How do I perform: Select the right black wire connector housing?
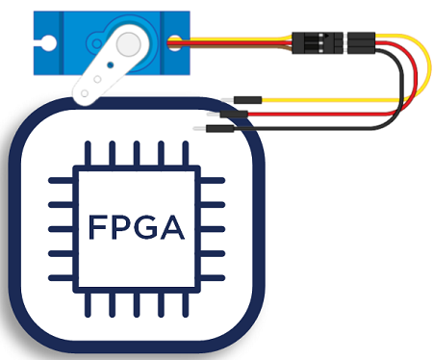[x=361, y=41]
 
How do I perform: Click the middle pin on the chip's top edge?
[x=138, y=154]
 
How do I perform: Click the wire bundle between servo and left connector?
[x=241, y=42]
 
